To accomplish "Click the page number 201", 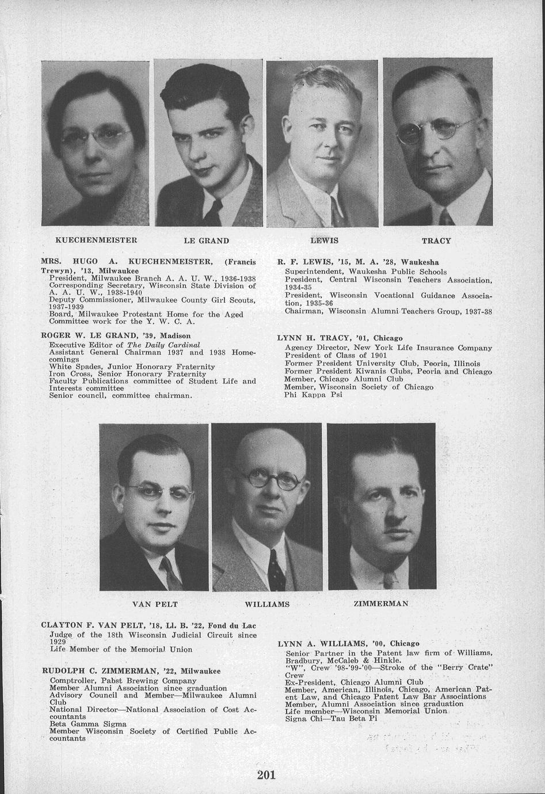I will tap(267, 775).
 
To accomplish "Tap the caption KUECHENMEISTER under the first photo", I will tap(96, 240).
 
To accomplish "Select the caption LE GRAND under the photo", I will tap(206, 241).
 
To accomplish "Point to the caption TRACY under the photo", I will tap(436, 241).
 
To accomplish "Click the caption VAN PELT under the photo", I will tap(155, 604).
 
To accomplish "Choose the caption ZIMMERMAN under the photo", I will tap(380, 604).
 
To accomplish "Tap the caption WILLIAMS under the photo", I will tap(267, 605).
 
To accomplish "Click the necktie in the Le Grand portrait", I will tap(213, 213).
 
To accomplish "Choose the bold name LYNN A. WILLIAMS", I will tap(322, 643).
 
